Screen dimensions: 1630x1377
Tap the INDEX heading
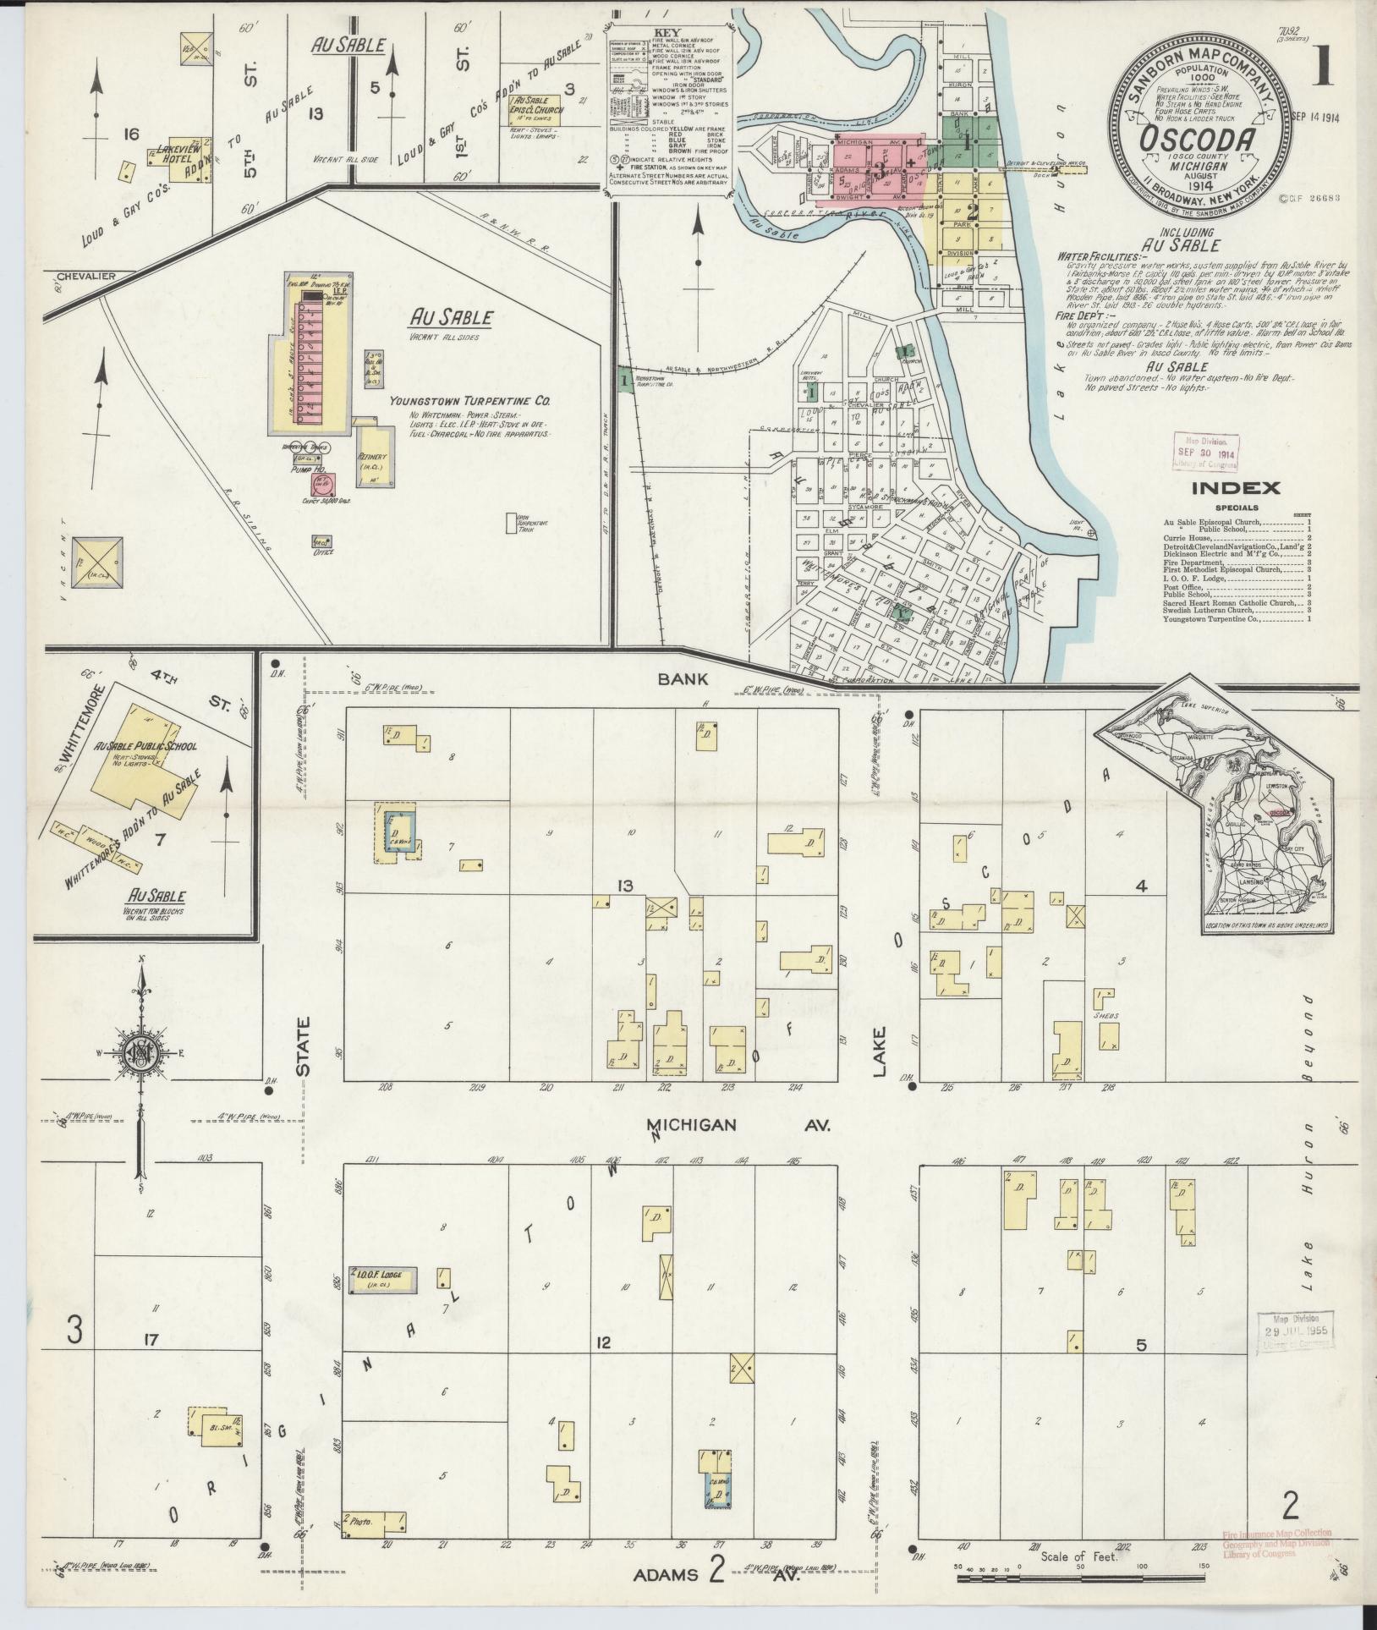[x=1236, y=486]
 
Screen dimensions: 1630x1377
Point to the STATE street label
[x=303, y=1046]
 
